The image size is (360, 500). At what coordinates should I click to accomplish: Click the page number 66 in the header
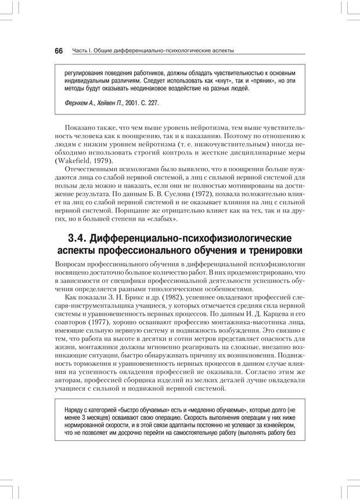pyautogui.click(x=59, y=51)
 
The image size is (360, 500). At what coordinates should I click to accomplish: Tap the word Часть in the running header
pyautogui.click(x=81, y=51)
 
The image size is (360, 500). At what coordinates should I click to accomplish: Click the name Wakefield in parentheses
pyautogui.click(x=74, y=161)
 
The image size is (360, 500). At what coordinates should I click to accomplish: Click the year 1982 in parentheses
pyautogui.click(x=172, y=297)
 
